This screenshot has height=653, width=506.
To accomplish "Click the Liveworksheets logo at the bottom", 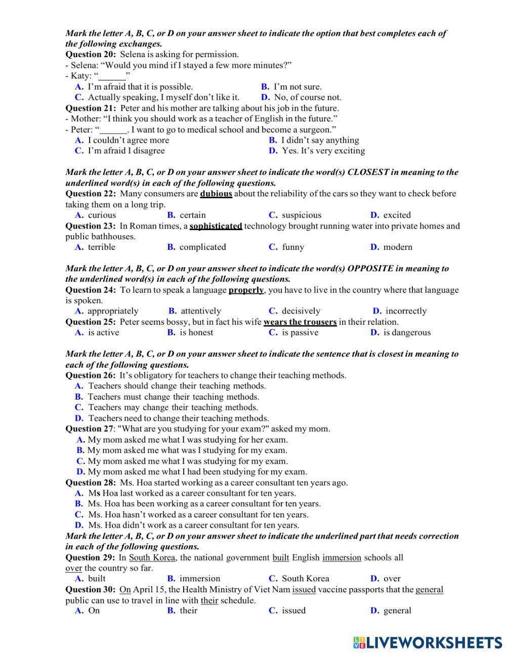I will pos(428,642).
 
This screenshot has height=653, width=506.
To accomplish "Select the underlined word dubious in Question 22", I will pos(216,194).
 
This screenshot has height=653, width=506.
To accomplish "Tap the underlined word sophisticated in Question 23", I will pos(216,226).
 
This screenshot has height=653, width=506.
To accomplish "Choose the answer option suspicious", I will pos(301,215).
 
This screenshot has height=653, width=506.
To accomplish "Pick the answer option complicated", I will pos(202,247).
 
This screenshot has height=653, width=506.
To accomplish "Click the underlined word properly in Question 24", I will pos(246,290).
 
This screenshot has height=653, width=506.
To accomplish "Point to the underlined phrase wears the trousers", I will pos(300,322).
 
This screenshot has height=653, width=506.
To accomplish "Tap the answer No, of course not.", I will pos(307,97).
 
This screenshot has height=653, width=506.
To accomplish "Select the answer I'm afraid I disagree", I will pos(126,151).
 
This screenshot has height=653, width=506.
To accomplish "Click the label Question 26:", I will pos(91,375).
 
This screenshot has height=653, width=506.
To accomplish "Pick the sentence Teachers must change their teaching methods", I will pos(173,397).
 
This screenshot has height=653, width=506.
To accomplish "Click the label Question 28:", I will pos(91,483).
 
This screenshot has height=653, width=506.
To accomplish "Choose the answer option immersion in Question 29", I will pos(200,579).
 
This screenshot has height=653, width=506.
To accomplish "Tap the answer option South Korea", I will pos(305,579).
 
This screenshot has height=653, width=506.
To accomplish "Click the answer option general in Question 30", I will pos(397,611).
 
